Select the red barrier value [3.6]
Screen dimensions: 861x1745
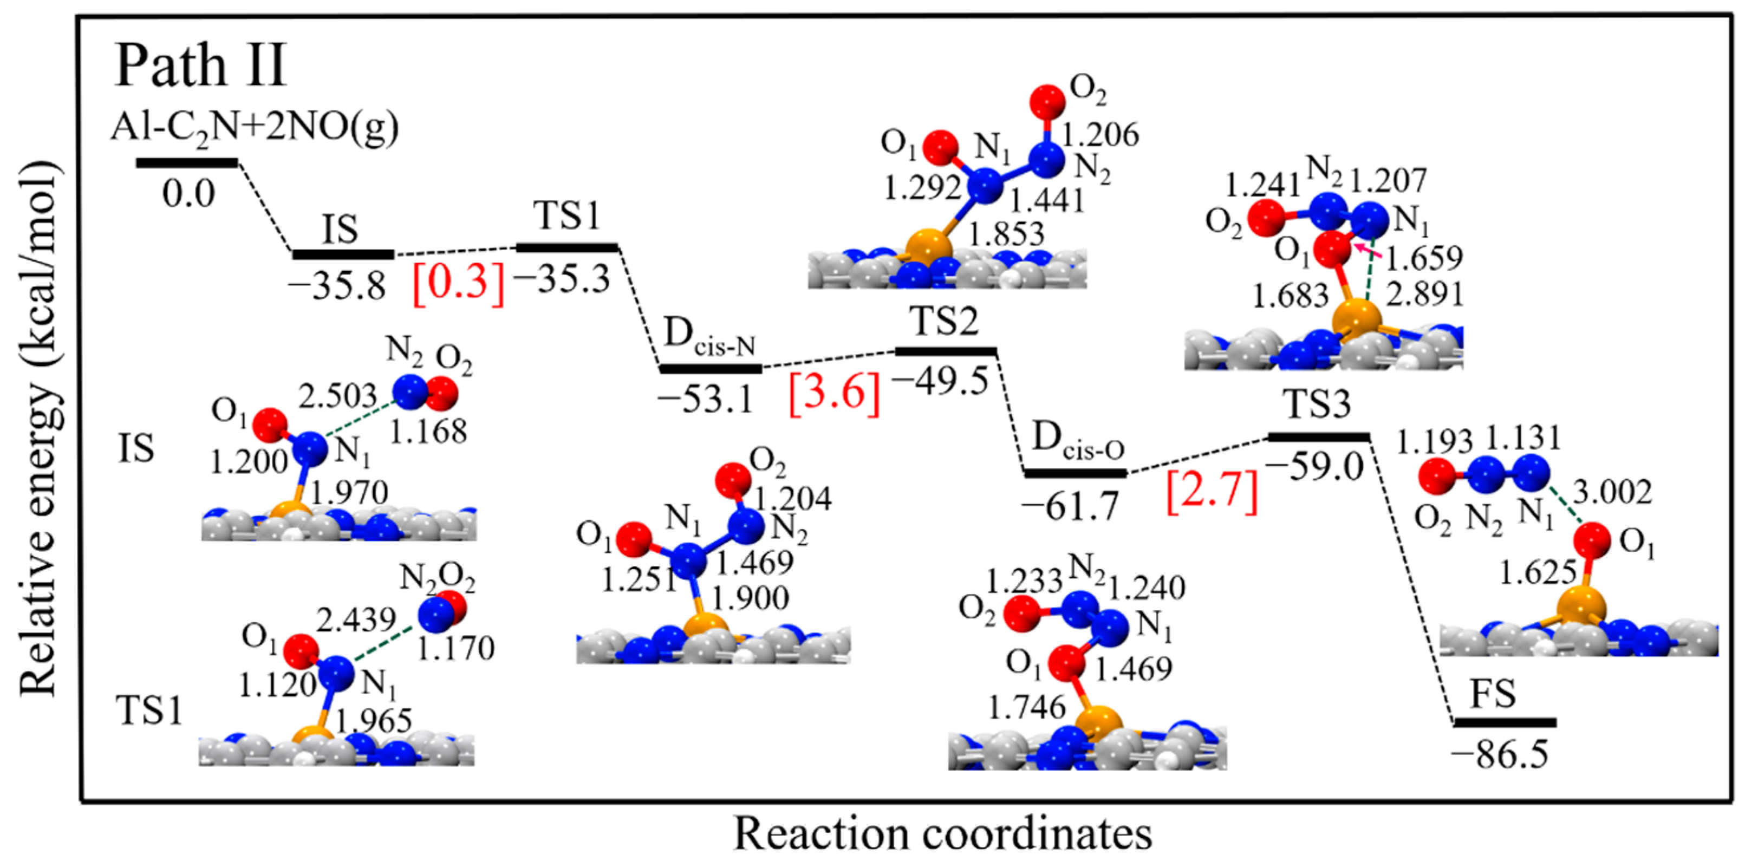pos(835,392)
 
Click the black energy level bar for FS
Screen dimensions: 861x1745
pos(1505,723)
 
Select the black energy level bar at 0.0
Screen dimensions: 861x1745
pos(187,162)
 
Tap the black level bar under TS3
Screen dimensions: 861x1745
pos(1318,437)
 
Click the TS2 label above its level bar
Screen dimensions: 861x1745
pos(946,321)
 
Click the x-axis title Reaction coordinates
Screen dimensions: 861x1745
pos(942,833)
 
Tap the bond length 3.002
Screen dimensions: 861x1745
pos(1612,492)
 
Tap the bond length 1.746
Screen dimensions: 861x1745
pos(1026,708)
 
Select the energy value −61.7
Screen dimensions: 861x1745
pos(1071,507)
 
